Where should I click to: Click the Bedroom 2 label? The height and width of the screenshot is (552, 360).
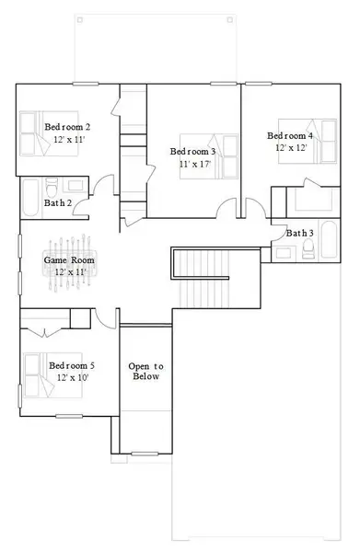pyautogui.click(x=67, y=127)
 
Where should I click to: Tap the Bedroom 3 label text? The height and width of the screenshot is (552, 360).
pyautogui.click(x=193, y=152)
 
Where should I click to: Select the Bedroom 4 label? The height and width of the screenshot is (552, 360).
pyautogui.click(x=290, y=135)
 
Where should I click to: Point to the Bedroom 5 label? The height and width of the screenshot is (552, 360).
pyautogui.click(x=71, y=365)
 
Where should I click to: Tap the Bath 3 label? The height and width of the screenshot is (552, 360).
pyautogui.click(x=299, y=233)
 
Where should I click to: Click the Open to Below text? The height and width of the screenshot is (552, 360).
pyautogui.click(x=145, y=371)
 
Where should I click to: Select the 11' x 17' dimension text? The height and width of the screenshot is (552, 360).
pyautogui.click(x=193, y=165)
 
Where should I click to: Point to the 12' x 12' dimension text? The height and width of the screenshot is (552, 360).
pyautogui.click(x=291, y=147)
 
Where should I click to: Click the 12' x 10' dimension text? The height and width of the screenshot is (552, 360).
pyautogui.click(x=71, y=377)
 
